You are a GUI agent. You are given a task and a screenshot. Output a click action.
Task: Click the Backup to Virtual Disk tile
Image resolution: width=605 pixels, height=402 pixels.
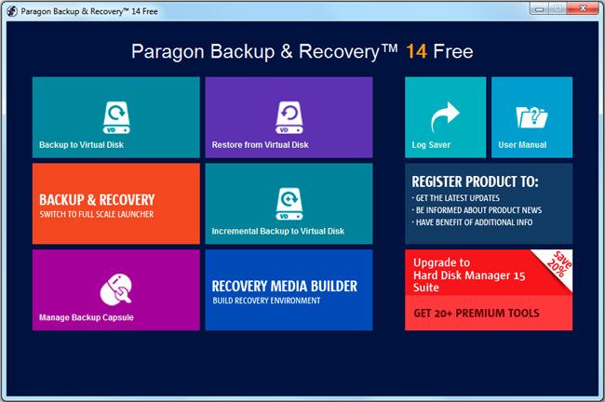(x=116, y=117)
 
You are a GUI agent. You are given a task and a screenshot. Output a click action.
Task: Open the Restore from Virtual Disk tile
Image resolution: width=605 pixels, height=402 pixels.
(x=289, y=117)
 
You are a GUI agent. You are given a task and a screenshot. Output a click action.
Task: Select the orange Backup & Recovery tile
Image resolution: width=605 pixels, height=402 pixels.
(x=116, y=204)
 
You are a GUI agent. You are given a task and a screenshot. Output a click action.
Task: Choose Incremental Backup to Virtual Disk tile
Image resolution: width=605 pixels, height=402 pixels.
(x=289, y=204)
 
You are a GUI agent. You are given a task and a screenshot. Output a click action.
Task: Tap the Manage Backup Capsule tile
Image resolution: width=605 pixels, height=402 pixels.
(x=116, y=289)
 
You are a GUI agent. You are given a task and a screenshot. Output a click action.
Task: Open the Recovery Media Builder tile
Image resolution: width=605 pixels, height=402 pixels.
(x=289, y=289)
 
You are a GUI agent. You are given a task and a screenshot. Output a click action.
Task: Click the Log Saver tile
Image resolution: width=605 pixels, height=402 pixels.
(x=445, y=117)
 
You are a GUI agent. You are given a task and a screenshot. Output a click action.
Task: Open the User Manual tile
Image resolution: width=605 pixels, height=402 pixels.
(x=531, y=117)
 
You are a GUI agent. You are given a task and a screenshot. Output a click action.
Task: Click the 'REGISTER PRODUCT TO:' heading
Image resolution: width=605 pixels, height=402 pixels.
(x=475, y=181)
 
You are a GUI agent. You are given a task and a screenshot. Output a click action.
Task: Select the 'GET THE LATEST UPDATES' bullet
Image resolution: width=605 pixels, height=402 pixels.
(x=458, y=198)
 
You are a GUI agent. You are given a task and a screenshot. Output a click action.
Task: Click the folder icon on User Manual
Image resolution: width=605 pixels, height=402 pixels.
(x=531, y=117)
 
